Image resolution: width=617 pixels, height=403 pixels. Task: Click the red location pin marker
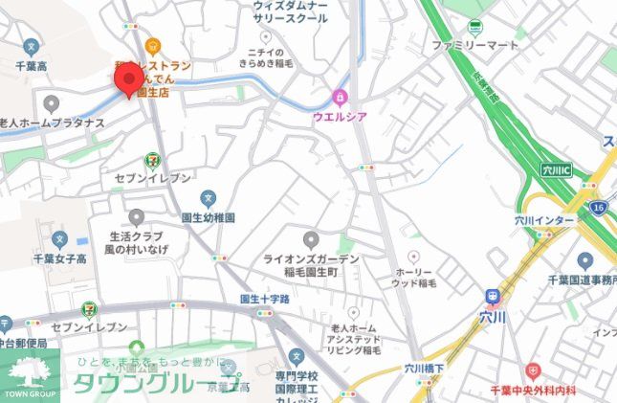pyautogui.click(x=128, y=79)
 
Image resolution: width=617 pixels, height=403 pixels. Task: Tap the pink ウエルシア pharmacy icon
pyautogui.click(x=340, y=97)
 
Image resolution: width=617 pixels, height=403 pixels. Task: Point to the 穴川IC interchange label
pyautogui.click(x=554, y=170)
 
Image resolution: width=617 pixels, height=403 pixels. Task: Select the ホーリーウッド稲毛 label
pyautogui.click(x=414, y=277)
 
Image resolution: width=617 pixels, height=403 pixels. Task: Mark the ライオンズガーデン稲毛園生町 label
pyautogui.click(x=311, y=266)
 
